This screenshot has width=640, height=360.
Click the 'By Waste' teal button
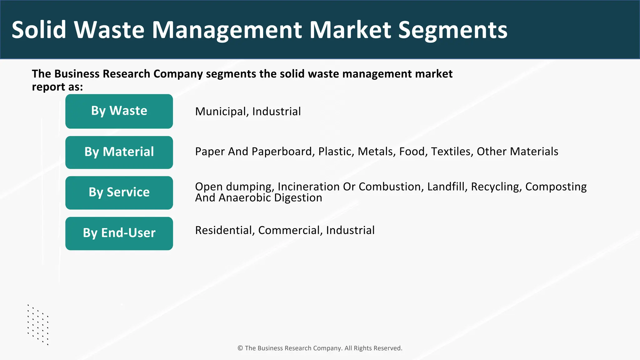pyautogui.click(x=119, y=111)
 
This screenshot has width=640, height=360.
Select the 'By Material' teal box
pyautogui.click(x=119, y=152)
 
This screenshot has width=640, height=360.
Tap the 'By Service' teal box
pyautogui.click(x=119, y=192)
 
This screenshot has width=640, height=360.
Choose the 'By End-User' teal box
pyautogui.click(x=119, y=233)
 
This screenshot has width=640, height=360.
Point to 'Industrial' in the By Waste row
pyautogui.click(x=277, y=112)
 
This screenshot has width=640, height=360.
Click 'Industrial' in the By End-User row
pyautogui.click(x=350, y=230)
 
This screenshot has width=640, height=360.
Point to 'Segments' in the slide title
pyautogui.click(x=453, y=30)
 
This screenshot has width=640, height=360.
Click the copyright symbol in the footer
pyautogui.click(x=240, y=348)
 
